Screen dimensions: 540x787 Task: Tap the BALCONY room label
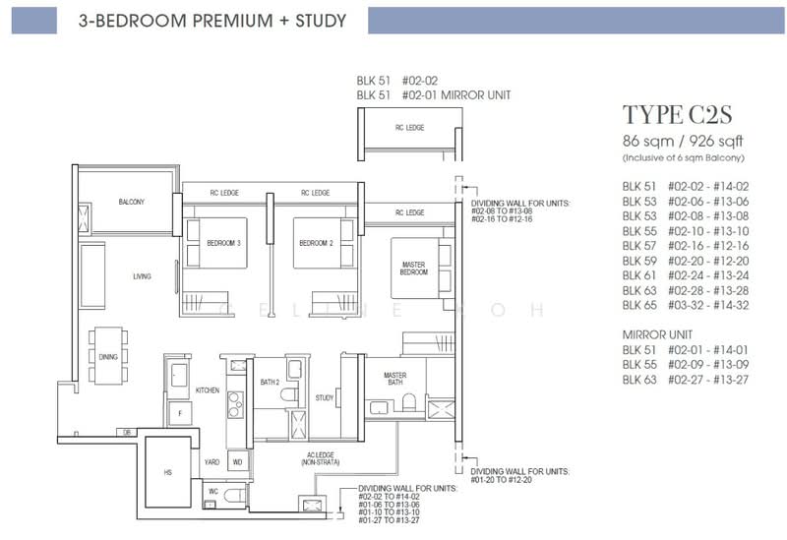tap(131, 202)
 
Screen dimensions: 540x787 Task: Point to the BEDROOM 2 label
tap(316, 243)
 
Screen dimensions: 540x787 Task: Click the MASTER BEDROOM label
tap(413, 268)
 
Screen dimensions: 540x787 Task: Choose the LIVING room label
tap(142, 276)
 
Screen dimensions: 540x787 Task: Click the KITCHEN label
tap(207, 390)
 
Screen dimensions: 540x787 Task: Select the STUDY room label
tap(325, 398)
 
